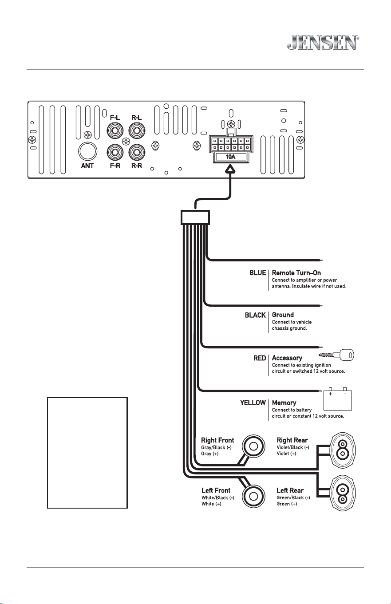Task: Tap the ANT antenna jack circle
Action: point(87,151)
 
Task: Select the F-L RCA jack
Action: point(115,131)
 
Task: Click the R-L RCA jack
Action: point(137,131)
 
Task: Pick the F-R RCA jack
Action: point(115,152)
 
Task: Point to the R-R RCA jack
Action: point(137,152)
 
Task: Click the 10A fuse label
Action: point(230,157)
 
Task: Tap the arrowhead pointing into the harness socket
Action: point(230,169)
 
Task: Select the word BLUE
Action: point(257,273)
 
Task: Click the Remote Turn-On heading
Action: point(296,273)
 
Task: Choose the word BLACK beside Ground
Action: point(255,315)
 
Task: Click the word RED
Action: point(259,358)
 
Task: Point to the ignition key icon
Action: point(336,355)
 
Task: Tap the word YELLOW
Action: point(253,403)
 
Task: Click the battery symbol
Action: point(338,399)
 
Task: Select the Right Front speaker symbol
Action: point(253,446)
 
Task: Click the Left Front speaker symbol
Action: point(253,496)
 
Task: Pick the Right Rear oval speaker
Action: point(343,450)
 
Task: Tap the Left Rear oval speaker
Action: point(343,493)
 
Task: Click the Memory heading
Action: point(284,403)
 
